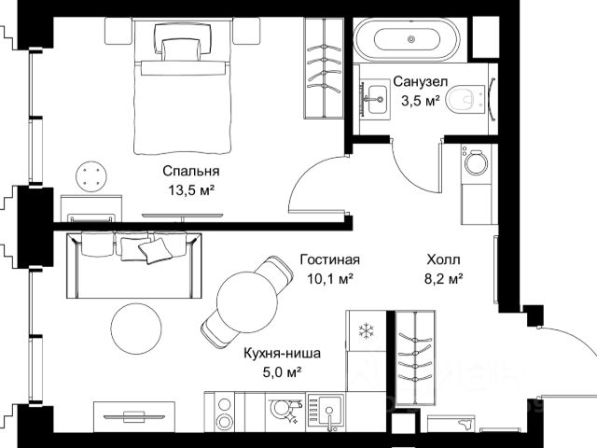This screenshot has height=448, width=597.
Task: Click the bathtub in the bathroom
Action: tap(407, 39)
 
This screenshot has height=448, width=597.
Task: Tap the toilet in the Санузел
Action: tap(464, 100)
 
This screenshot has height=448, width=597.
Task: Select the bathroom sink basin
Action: tap(377, 99)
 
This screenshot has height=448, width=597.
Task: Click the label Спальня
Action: tap(191, 171)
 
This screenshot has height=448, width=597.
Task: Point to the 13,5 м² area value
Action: tap(191, 189)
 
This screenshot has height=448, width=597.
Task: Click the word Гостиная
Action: tap(329, 259)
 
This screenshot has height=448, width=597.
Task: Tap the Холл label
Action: tap(444, 259)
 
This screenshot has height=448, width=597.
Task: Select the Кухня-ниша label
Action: tap(282, 353)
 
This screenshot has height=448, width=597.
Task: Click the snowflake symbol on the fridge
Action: tap(367, 330)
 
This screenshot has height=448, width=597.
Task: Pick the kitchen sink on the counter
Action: tap(329, 413)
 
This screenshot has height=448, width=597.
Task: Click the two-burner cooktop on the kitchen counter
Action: tap(224, 413)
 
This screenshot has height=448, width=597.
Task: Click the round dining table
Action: tap(247, 301)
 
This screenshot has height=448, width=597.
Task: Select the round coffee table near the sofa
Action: tap(136, 329)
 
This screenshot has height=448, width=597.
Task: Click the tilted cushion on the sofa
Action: tap(155, 250)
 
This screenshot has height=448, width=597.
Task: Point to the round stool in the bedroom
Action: tap(91, 176)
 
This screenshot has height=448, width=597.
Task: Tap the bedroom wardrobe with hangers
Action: tap(324, 68)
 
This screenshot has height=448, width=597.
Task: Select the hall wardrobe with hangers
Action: tap(414, 357)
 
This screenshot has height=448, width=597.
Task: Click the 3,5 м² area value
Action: tap(421, 101)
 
